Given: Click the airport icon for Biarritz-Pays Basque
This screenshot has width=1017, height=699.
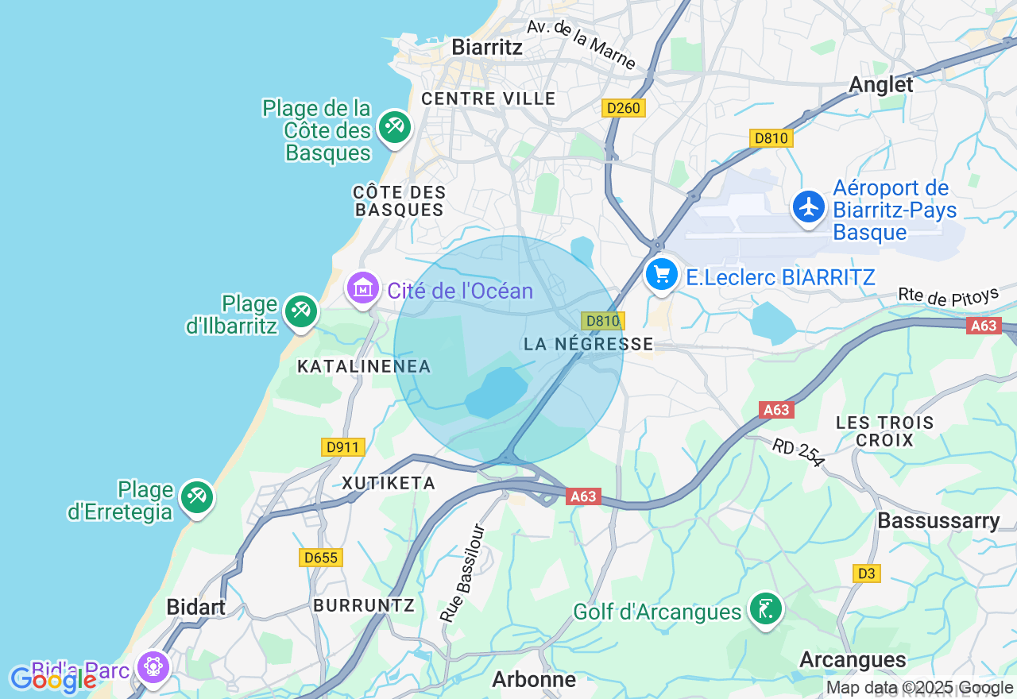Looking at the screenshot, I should (x=809, y=207).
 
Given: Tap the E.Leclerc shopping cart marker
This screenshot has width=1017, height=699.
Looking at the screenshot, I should (x=661, y=276).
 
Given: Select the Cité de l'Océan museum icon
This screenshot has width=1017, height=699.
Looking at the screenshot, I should (x=363, y=288).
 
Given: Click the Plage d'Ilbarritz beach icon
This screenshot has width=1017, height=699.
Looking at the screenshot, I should (x=300, y=311).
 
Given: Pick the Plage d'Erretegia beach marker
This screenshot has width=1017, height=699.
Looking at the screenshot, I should (x=195, y=497).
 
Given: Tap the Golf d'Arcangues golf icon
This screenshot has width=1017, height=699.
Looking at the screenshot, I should (x=765, y=609).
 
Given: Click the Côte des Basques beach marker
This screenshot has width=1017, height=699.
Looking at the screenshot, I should (x=394, y=126).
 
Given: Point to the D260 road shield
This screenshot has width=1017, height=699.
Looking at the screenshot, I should (x=623, y=108).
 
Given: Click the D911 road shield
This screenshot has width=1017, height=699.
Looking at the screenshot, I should (x=343, y=447).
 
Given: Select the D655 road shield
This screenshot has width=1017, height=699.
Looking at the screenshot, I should (x=321, y=558).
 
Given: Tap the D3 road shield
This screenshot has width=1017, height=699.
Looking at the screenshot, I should (x=867, y=573).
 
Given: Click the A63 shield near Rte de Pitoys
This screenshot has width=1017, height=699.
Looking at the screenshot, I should (x=984, y=326).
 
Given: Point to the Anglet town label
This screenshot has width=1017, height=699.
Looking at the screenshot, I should (x=881, y=84).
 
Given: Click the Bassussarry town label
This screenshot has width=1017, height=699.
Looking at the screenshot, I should (x=938, y=521).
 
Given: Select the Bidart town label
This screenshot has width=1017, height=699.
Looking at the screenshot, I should (x=195, y=607).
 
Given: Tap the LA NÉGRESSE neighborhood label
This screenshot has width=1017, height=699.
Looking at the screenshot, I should (x=588, y=344).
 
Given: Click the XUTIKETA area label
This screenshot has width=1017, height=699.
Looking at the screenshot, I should (x=389, y=483).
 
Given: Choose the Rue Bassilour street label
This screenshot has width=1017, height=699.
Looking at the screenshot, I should (x=462, y=572).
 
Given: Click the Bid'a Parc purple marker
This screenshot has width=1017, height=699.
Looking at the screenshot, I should (x=153, y=666).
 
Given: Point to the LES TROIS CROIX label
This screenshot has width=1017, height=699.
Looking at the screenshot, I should (x=884, y=431).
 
